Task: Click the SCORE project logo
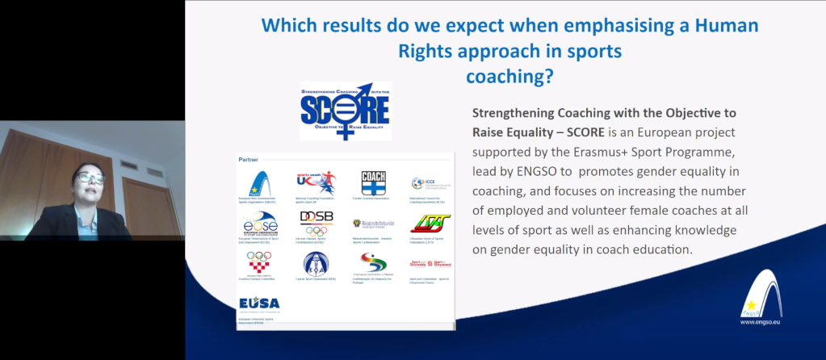point(345,111)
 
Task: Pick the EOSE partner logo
point(258,223)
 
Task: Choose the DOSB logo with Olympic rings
point(316,222)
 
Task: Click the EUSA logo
point(258,303)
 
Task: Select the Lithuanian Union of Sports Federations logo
point(426,222)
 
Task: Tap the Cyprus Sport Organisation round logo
point(316,263)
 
